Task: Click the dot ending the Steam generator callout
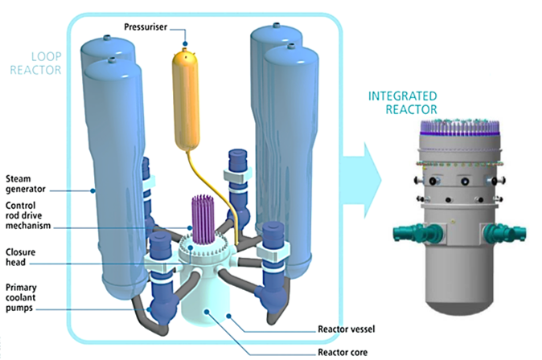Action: coord(94,190)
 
